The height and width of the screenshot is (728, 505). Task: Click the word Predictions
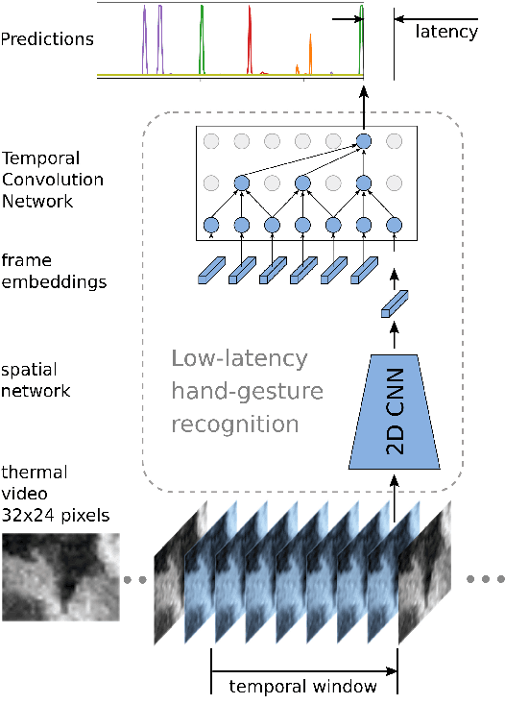[47, 39]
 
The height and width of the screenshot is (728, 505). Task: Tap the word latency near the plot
[445, 32]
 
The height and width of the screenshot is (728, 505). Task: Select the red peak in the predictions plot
[250, 38]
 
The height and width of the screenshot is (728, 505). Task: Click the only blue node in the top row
[364, 142]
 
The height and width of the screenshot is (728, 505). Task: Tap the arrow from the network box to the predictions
[364, 106]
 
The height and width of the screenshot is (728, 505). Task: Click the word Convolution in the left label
[52, 180]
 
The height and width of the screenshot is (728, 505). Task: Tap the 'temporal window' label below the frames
[302, 687]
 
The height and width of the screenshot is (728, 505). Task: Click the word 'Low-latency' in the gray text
[239, 359]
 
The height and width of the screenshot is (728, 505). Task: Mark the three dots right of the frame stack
[485, 580]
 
